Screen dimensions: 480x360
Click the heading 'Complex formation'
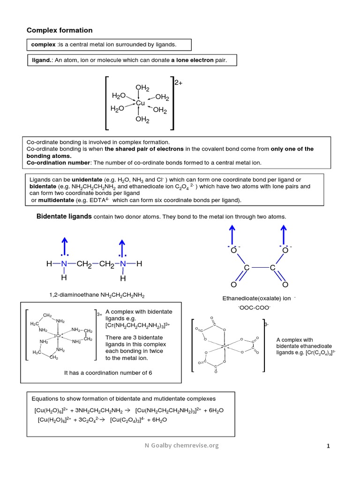point(60,30)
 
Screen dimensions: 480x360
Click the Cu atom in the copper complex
point(140,103)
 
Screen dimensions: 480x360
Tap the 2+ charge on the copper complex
point(178,82)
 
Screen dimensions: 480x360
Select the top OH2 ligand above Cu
point(142,88)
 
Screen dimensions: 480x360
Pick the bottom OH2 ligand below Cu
point(142,120)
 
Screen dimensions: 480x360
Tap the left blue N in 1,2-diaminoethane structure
point(64,264)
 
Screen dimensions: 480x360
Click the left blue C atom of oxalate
point(247,268)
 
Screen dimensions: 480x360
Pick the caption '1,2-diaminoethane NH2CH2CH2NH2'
point(97,296)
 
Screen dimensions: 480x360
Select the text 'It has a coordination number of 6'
point(108,373)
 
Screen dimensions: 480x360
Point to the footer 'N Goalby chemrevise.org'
point(181,445)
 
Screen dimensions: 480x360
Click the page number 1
point(329,447)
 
